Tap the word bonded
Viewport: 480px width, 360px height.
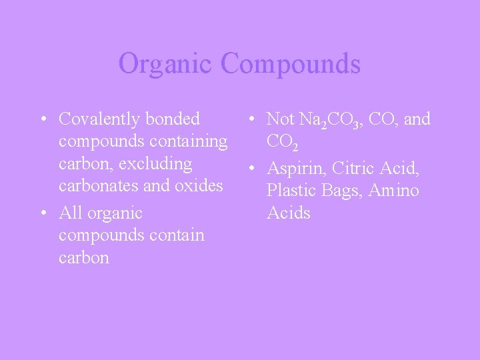[172, 119]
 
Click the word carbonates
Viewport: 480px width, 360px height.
[99, 186]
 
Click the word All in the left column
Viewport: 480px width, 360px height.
[70, 213]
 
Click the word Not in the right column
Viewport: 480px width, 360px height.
[280, 119]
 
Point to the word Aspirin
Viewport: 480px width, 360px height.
[296, 169]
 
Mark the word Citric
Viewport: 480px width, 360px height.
[355, 169]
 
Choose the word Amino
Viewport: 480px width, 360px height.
[394, 191]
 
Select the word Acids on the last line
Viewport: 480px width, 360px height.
[288, 213]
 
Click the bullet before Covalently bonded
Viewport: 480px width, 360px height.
[43, 120]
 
